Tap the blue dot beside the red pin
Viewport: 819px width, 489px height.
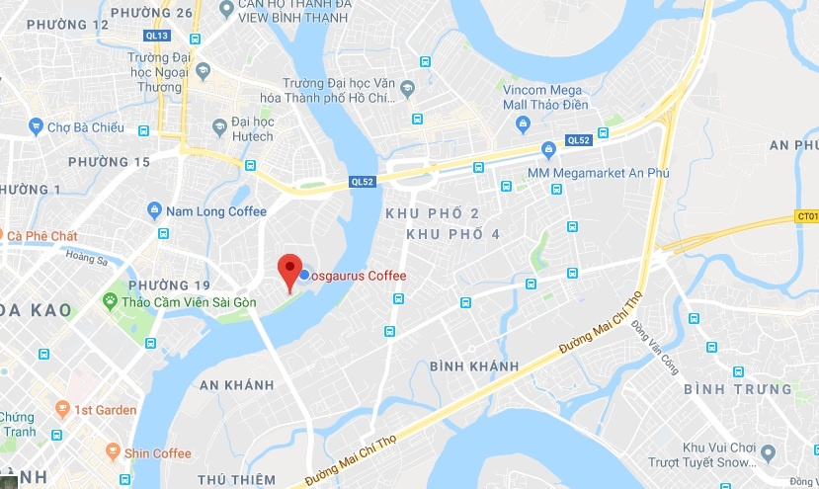[304, 275]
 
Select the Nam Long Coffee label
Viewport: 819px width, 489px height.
[216, 210]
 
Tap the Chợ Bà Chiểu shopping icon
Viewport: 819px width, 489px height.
[37, 126]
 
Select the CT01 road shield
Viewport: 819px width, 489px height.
[807, 216]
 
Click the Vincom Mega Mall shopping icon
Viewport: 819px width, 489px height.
[523, 124]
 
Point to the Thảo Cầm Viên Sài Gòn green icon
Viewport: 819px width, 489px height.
[112, 299]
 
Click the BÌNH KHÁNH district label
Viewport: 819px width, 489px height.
[474, 367]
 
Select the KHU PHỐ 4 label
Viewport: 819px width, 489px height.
[453, 234]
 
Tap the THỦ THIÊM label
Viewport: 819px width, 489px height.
[236, 479]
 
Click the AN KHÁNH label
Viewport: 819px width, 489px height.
[236, 383]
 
